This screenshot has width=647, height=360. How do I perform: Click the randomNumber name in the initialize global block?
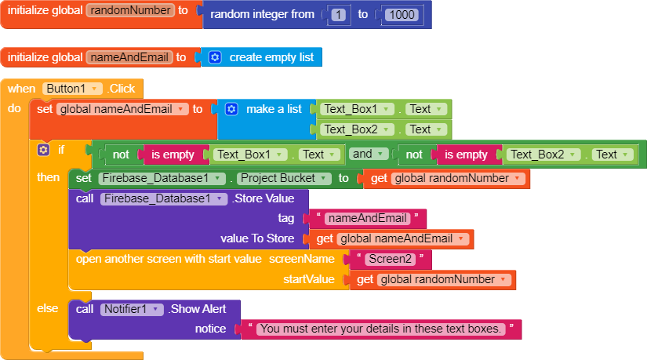(130, 10)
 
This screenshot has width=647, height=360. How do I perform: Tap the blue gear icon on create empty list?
(215, 57)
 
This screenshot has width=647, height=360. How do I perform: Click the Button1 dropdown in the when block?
(73, 89)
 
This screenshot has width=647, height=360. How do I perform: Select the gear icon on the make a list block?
(231, 109)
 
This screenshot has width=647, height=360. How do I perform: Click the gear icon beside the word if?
(43, 150)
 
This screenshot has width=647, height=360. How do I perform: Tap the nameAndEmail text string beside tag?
(367, 218)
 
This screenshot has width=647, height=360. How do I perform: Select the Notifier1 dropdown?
(131, 309)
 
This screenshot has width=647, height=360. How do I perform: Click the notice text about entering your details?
(380, 329)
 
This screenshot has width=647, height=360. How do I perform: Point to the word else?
(48, 308)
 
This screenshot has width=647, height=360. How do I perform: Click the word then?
(49, 177)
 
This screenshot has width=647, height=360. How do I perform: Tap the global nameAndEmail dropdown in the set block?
(122, 109)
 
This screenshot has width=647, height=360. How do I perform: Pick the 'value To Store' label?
(257, 238)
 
